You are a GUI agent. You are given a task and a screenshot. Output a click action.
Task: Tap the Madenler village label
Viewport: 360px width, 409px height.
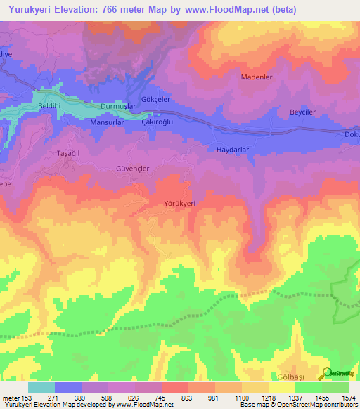(x=256, y=77)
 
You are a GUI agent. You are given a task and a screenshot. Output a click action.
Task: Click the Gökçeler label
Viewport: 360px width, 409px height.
(x=156, y=100)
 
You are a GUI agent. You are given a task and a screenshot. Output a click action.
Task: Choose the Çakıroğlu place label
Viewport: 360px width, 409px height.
(x=157, y=122)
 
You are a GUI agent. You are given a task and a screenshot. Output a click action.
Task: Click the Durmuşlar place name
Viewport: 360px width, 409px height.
(x=117, y=106)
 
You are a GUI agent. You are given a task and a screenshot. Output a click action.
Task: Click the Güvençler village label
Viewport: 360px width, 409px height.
(x=133, y=169)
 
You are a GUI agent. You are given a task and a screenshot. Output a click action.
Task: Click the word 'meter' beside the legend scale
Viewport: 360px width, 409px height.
(x=10, y=398)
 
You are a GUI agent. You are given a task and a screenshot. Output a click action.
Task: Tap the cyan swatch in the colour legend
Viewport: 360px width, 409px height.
(x=41, y=387)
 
